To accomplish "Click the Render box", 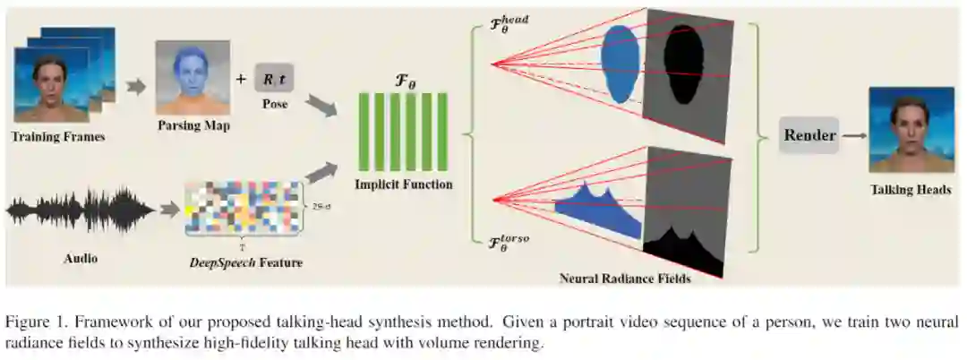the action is [x=809, y=135].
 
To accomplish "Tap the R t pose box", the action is [x=274, y=79].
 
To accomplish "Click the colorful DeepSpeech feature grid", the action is [x=243, y=208].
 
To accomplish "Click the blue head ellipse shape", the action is [x=618, y=62].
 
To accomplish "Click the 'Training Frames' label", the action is [x=58, y=137].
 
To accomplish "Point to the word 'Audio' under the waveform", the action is [x=81, y=259].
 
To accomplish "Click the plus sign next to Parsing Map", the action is [x=240, y=79].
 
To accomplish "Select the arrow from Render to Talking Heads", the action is [x=855, y=136].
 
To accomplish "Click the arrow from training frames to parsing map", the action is [x=136, y=87].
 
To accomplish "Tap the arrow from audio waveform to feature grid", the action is [x=167, y=210].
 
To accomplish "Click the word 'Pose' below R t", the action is [x=274, y=104].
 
